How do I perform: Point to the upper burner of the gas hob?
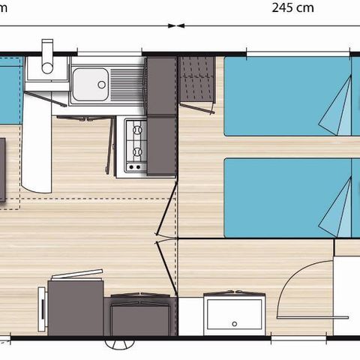(136, 130)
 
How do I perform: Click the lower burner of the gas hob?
(136, 150)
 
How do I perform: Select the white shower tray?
(235, 313)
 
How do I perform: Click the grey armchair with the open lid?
(75, 304)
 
